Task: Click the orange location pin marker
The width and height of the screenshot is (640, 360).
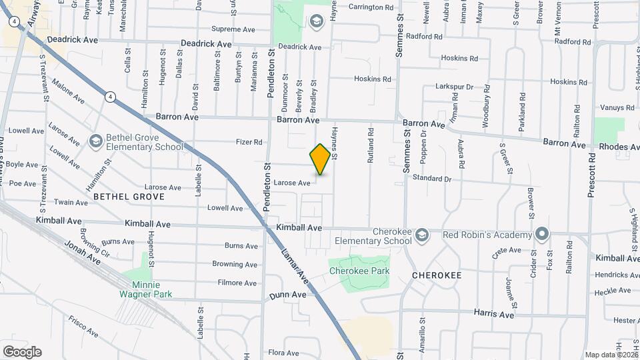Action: point(320,159)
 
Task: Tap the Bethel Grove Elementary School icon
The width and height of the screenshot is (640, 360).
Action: point(96,141)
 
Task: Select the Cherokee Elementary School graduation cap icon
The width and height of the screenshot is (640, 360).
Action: point(421,235)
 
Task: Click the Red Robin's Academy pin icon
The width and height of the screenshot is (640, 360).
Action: point(542,235)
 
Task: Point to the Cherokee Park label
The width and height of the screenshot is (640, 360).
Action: point(359,271)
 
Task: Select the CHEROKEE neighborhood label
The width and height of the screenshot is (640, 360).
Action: point(437,275)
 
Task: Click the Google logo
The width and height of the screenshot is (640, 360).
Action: point(22,352)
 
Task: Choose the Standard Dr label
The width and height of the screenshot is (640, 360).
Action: point(432,179)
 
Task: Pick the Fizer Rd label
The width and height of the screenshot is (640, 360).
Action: point(249,142)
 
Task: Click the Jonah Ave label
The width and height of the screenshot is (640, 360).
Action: point(81,254)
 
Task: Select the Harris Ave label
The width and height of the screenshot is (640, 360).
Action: point(494,314)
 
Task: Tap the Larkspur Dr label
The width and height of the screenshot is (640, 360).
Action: point(454,87)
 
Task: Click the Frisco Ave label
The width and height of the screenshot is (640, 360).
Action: point(82,325)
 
